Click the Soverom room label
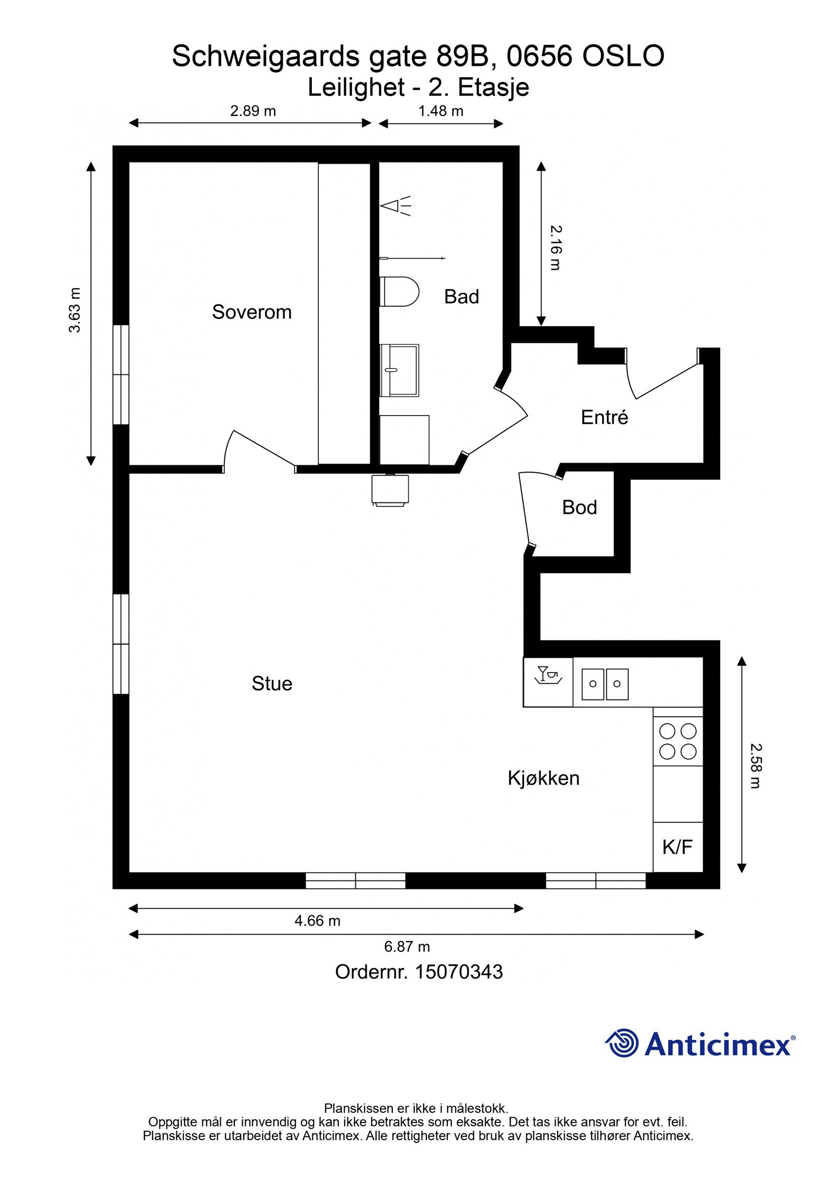tap(252, 312)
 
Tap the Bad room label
tap(461, 296)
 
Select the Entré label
tap(604, 417)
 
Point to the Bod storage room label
tap(580, 507)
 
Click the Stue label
tap(272, 683)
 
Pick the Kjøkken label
tap(544, 778)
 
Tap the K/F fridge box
tap(677, 847)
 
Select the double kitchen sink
tap(605, 684)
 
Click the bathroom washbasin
tap(399, 370)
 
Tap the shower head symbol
tap(395, 206)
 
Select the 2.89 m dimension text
tap(253, 111)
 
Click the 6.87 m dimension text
tap(407, 946)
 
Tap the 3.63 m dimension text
tap(75, 310)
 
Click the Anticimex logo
tap(700, 1044)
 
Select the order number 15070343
tap(458, 972)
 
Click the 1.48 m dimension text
tap(440, 111)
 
